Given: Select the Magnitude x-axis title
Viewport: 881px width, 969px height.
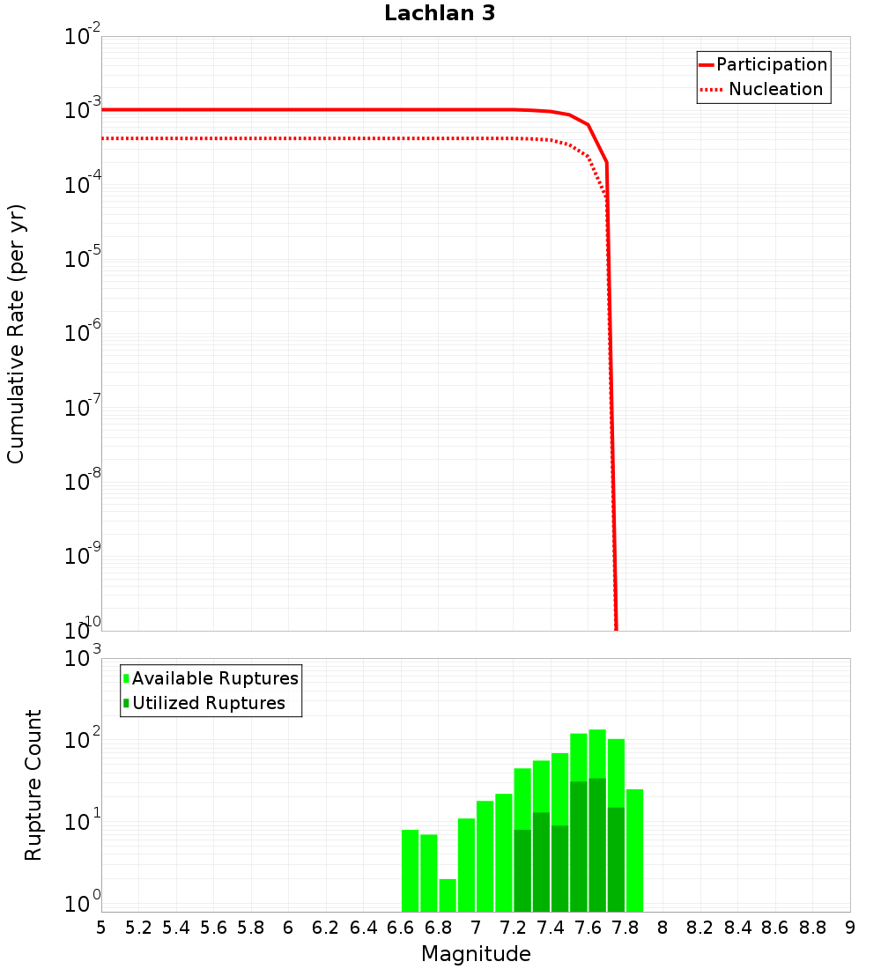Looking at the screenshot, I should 476,954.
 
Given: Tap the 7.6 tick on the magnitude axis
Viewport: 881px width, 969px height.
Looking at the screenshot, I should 589,927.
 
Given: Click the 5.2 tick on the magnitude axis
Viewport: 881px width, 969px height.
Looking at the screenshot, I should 139,927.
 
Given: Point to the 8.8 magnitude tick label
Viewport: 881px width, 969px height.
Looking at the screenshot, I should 812,927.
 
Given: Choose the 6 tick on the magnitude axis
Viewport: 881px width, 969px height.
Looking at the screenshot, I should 288,927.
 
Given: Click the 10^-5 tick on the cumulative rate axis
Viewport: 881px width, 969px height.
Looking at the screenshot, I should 83,259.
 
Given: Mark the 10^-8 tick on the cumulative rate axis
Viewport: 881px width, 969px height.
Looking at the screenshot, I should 83,482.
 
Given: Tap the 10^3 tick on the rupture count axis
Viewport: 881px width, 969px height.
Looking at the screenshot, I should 85,659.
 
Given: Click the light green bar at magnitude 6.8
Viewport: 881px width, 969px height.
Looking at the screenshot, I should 448,895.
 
